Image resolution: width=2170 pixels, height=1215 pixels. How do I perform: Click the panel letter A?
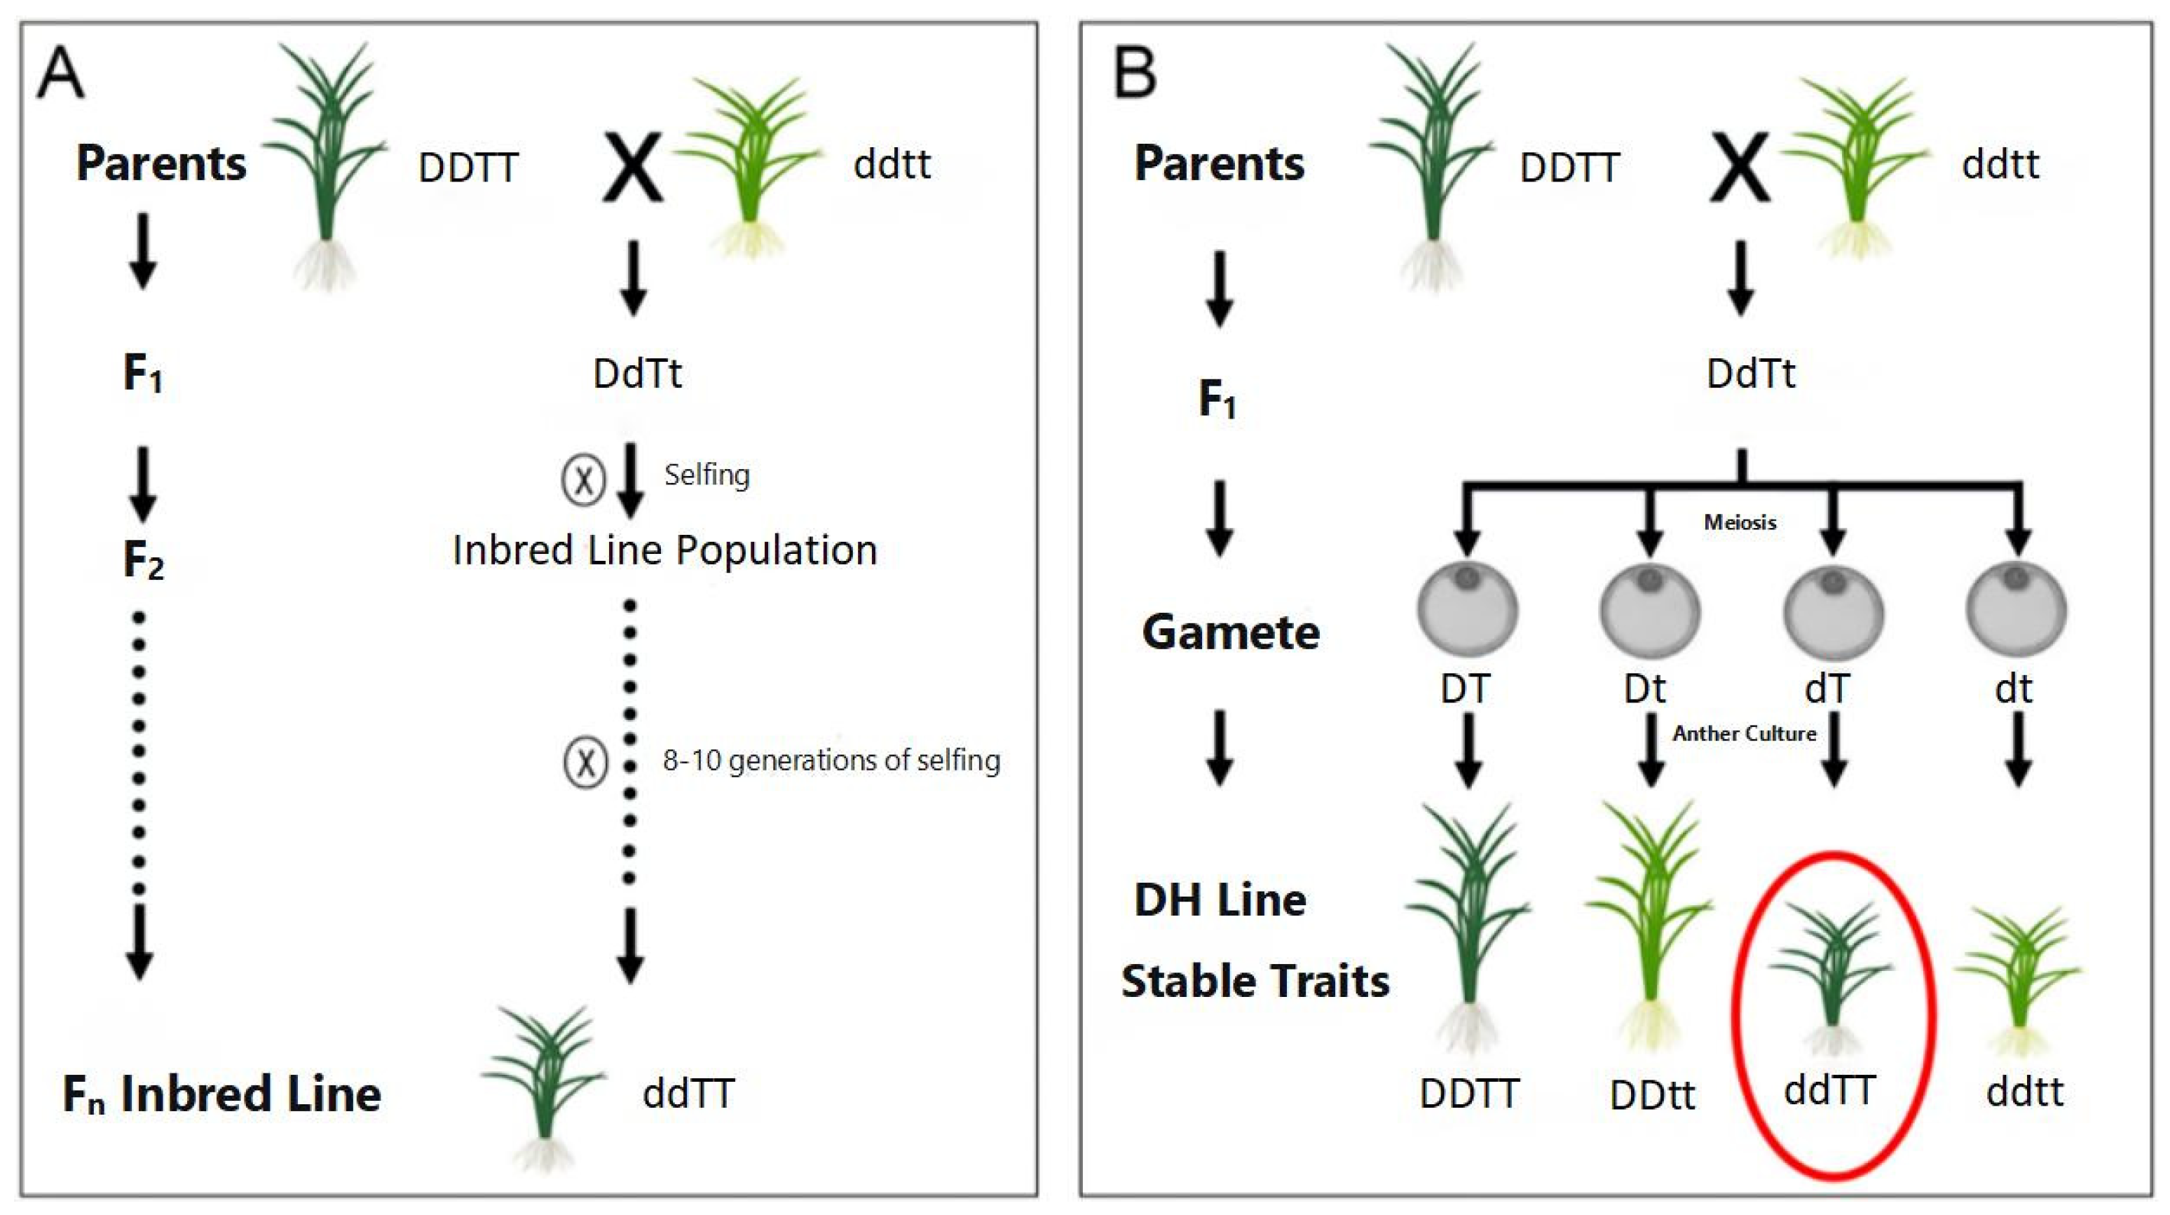(x=61, y=74)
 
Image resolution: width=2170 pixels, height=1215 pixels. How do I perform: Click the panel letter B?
(x=1135, y=74)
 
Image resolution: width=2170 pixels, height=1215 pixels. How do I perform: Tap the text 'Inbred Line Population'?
(x=664, y=551)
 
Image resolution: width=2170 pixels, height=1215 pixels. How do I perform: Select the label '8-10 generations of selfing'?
(x=831, y=761)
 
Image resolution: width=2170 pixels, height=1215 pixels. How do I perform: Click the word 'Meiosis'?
(x=1740, y=522)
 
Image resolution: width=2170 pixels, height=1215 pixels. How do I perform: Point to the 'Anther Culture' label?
(x=1744, y=734)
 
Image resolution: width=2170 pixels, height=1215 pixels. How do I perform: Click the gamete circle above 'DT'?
(x=1468, y=609)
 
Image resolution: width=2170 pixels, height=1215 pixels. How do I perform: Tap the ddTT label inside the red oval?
(x=1829, y=1090)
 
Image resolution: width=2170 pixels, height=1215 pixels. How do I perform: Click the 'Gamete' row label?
(x=1231, y=632)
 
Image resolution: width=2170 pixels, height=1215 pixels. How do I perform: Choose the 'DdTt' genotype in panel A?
(x=637, y=373)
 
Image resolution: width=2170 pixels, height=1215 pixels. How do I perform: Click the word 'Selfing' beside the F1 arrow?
(x=707, y=475)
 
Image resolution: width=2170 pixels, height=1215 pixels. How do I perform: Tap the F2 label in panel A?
(x=143, y=560)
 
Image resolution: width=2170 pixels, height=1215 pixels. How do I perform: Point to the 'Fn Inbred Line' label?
(x=221, y=1094)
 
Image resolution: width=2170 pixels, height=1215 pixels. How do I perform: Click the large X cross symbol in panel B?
(x=1740, y=168)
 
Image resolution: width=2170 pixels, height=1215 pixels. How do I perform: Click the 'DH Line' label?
(x=1220, y=900)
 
